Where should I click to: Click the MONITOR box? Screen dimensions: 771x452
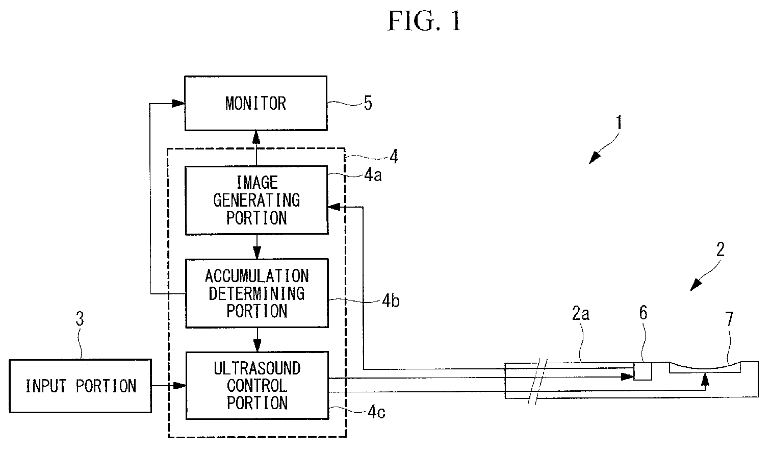[x=256, y=103]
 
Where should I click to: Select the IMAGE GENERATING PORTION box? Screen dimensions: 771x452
[x=257, y=200]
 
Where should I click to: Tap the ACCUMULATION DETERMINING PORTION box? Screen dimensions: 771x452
[x=257, y=293]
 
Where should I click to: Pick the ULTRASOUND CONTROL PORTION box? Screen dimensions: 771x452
[x=257, y=385]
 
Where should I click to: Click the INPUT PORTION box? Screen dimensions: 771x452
[x=80, y=386]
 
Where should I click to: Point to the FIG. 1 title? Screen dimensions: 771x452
[x=424, y=21]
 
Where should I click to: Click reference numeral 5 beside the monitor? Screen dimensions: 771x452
[x=368, y=103]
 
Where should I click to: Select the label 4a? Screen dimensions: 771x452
[x=373, y=175]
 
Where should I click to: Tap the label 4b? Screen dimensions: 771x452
[x=391, y=301]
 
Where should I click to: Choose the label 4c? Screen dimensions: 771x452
[x=376, y=411]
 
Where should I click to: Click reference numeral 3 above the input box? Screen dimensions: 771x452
[x=80, y=319]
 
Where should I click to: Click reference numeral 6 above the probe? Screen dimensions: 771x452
[x=644, y=313]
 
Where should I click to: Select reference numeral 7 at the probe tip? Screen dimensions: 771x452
[x=729, y=319]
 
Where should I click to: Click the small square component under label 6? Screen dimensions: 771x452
[x=642, y=371]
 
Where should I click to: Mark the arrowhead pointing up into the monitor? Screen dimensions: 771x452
[x=256, y=137]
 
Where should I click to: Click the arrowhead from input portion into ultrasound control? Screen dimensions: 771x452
[x=179, y=386]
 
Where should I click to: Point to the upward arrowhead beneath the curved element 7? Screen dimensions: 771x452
[x=705, y=380]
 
